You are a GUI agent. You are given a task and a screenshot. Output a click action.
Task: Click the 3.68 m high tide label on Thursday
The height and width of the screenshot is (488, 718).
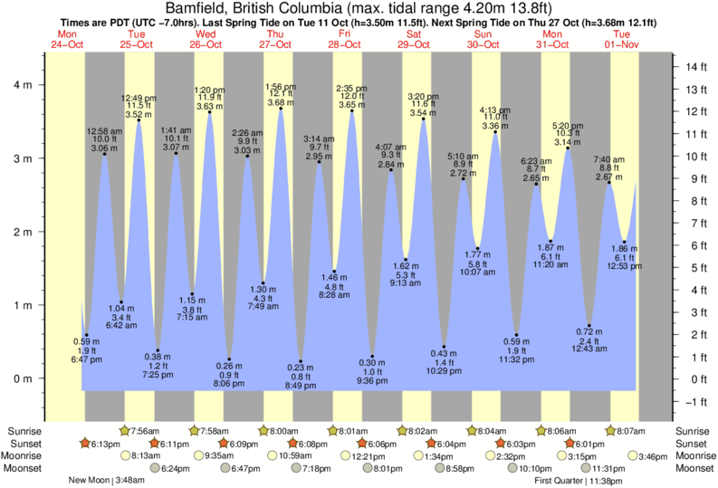tap(281, 102)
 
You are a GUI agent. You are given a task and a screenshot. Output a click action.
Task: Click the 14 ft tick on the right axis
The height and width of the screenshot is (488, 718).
tap(695, 67)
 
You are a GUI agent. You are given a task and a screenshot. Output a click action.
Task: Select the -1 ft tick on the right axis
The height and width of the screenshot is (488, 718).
tap(695, 401)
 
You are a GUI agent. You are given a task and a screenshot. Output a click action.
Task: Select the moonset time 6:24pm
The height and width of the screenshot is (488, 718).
tap(176, 468)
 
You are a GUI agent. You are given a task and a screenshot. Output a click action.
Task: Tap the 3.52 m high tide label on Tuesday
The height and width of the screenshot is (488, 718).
tap(139, 114)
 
